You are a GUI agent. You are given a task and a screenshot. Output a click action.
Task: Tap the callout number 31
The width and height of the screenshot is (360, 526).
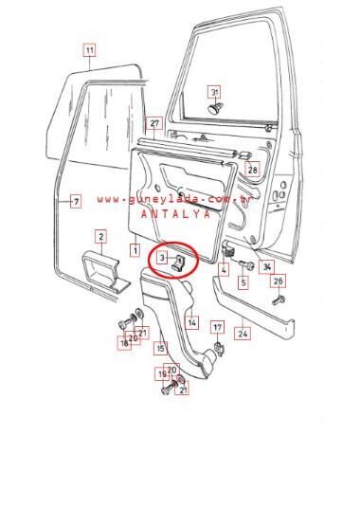point(214,92)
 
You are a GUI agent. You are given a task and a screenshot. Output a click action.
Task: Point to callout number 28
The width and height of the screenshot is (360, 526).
point(252,170)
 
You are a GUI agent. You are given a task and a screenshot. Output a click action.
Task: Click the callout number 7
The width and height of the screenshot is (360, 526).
point(76,201)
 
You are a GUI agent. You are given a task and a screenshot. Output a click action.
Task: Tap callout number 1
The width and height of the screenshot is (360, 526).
point(135,251)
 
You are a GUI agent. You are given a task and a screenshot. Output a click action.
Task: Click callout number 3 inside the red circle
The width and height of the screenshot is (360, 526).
point(163,258)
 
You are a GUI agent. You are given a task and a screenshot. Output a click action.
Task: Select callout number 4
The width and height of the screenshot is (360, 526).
point(224,270)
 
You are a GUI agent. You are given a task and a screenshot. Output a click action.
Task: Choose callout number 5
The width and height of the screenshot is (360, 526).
point(243,282)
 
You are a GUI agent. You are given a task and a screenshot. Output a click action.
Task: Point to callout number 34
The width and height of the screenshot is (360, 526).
point(267,267)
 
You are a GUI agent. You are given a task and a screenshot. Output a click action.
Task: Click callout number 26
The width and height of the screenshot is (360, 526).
point(278,281)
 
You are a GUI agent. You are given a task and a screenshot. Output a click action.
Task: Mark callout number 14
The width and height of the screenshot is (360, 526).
point(191,323)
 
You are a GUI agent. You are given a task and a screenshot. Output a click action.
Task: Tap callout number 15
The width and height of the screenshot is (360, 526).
point(160,348)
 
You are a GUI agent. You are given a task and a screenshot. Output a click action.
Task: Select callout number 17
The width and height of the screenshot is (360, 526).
point(217,328)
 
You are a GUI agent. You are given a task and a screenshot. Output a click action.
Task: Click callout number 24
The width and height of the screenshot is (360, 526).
point(243,333)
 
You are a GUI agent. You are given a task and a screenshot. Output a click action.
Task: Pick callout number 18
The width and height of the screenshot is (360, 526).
point(124,343)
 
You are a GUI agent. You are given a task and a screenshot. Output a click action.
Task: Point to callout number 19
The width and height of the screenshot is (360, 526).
point(162,374)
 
